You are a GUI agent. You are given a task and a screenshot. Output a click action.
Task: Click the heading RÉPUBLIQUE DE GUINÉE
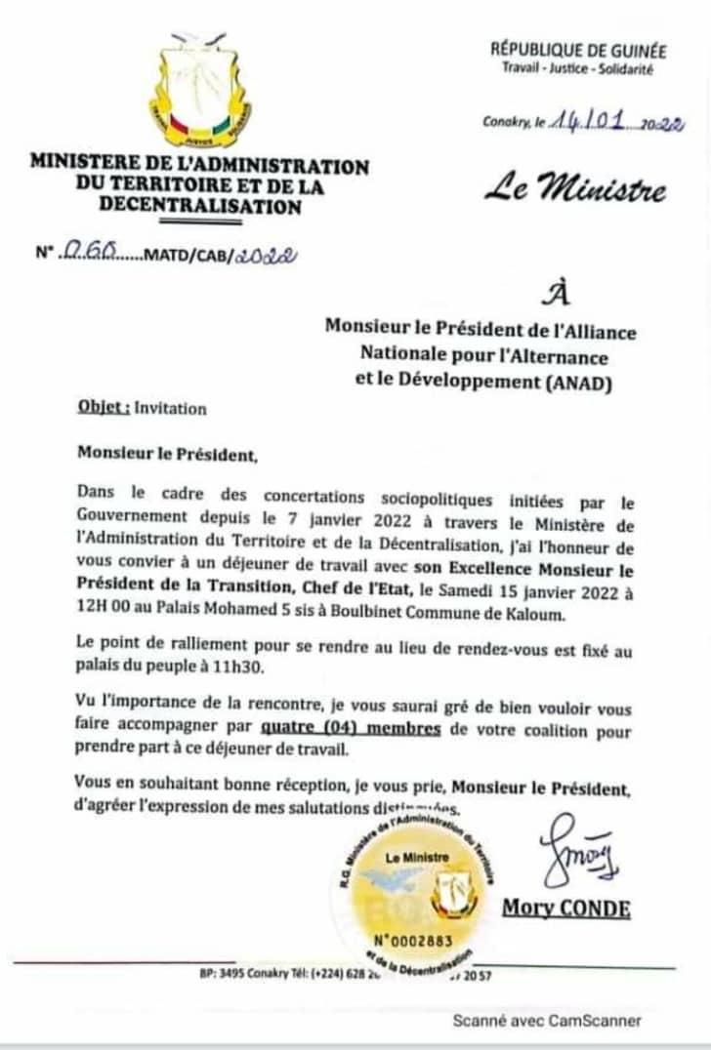pyautogui.click(x=578, y=51)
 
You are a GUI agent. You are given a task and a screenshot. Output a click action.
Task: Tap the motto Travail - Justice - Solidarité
pyautogui.click(x=577, y=68)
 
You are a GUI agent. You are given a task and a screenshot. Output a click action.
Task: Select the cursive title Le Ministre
pyautogui.click(x=576, y=186)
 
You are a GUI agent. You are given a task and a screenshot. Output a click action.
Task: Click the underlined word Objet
pyautogui.click(x=104, y=408)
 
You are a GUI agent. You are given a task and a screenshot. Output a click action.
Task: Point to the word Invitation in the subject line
pyautogui.click(x=171, y=409)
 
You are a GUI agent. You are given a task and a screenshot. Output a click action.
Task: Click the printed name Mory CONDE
pyautogui.click(x=566, y=909)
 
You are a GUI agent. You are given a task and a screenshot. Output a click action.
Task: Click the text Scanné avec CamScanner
pyautogui.click(x=547, y=1021)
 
